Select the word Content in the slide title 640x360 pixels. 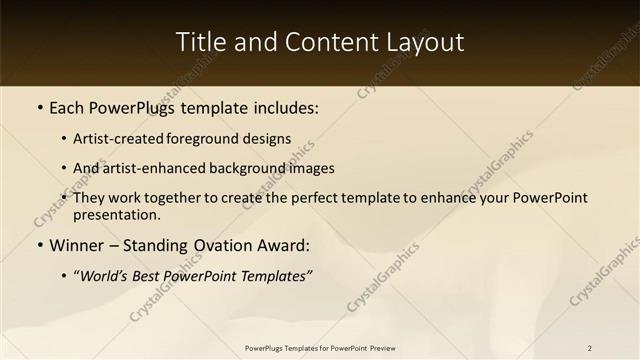pos(327,42)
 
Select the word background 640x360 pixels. pos(258,168)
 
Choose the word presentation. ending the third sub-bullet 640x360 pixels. pos(116,214)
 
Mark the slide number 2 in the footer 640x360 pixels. pos(590,348)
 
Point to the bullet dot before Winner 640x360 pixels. pos(39,245)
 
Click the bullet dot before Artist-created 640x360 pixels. pos(64,139)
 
